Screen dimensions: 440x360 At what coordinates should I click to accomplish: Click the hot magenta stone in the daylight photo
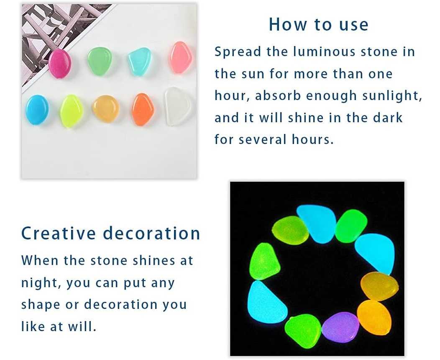click(x=60, y=64)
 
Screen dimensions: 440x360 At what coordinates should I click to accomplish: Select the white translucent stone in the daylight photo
click(x=178, y=106)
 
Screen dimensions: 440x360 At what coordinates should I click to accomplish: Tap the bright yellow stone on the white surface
click(x=72, y=111)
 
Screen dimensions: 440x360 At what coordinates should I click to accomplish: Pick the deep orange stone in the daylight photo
click(x=143, y=109)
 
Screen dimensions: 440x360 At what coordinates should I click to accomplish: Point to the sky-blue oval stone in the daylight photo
click(x=37, y=110)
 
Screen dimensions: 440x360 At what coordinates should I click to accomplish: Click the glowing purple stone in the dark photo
click(x=340, y=327)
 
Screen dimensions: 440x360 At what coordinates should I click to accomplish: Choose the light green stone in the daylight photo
click(x=100, y=61)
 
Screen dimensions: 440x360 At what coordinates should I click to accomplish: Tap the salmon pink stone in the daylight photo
click(x=181, y=57)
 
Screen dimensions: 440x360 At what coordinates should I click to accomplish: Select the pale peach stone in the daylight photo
click(x=106, y=108)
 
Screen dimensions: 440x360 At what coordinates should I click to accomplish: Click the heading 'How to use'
click(x=318, y=24)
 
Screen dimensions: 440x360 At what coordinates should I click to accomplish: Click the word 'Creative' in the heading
click(x=59, y=233)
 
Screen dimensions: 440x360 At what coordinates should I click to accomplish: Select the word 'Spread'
click(x=238, y=52)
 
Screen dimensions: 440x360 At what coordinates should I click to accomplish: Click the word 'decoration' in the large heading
click(x=151, y=233)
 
